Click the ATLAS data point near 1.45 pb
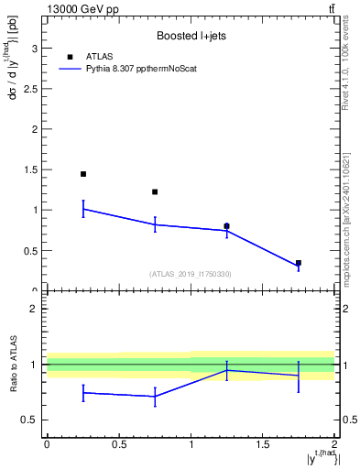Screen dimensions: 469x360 pos(83,174)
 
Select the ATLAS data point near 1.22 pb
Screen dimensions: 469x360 pos(155,192)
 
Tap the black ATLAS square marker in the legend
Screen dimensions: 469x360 pos(70,56)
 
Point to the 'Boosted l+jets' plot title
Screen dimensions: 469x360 pos(191,37)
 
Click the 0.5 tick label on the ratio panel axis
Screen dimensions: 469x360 pos(32,420)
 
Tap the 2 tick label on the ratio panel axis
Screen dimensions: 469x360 pos(37,309)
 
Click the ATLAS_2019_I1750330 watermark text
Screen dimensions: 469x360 pos(191,274)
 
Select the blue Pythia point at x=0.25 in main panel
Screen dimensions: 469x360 pos(83,209)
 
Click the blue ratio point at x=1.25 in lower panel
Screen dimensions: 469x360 pos(227,370)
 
